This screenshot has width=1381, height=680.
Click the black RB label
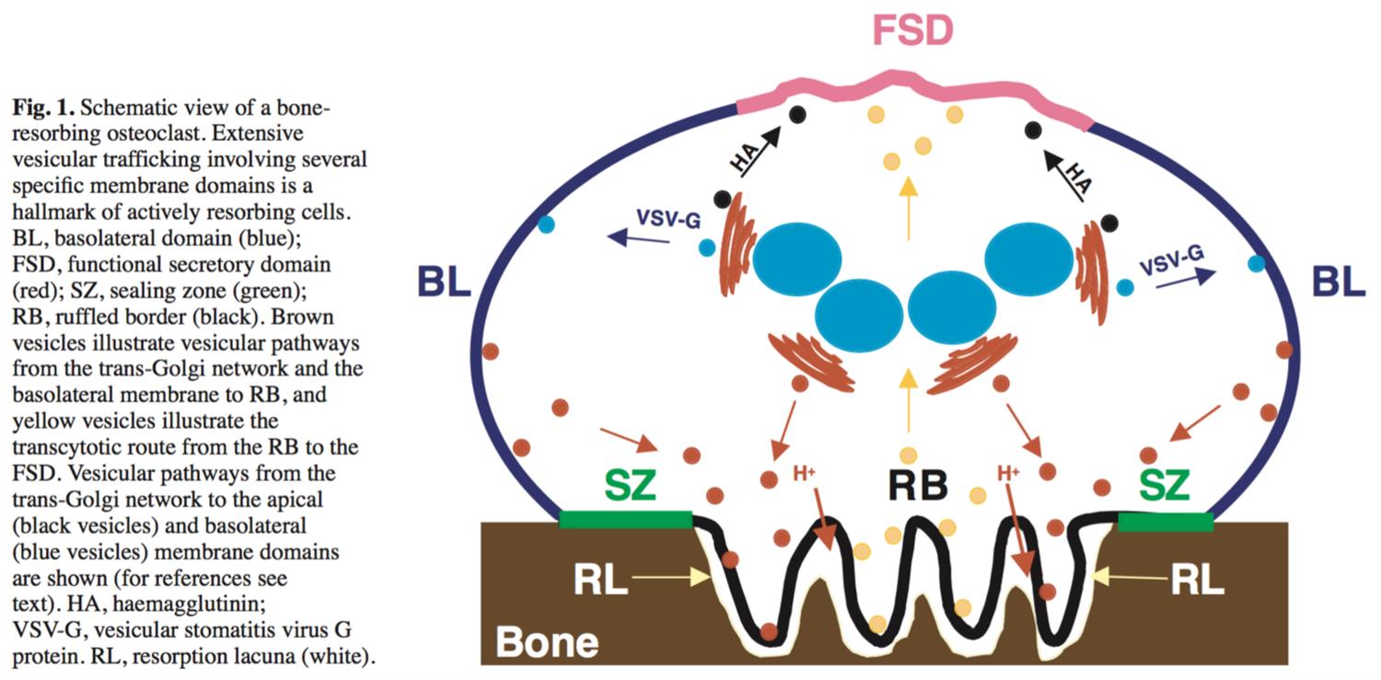tap(918, 486)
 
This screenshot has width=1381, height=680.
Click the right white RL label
tap(1198, 581)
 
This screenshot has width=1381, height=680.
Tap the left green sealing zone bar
tap(625, 520)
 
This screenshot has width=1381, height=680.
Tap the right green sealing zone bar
tap(1165, 522)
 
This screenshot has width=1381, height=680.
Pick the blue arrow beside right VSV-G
tap(1188, 280)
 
